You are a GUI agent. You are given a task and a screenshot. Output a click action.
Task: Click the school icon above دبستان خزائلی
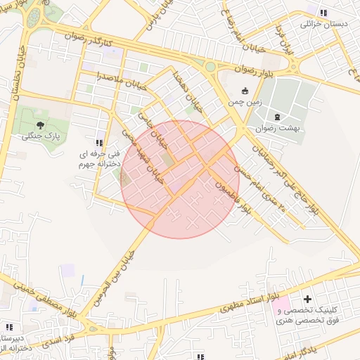tap(323, 13)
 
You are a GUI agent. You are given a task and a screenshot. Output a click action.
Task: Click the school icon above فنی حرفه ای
tap(99, 141)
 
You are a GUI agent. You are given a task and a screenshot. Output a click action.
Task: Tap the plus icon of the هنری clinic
tap(307, 300)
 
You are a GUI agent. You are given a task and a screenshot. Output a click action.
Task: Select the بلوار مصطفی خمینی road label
tap(46, 295)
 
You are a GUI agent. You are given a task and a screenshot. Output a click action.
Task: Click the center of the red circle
tap(180, 179)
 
